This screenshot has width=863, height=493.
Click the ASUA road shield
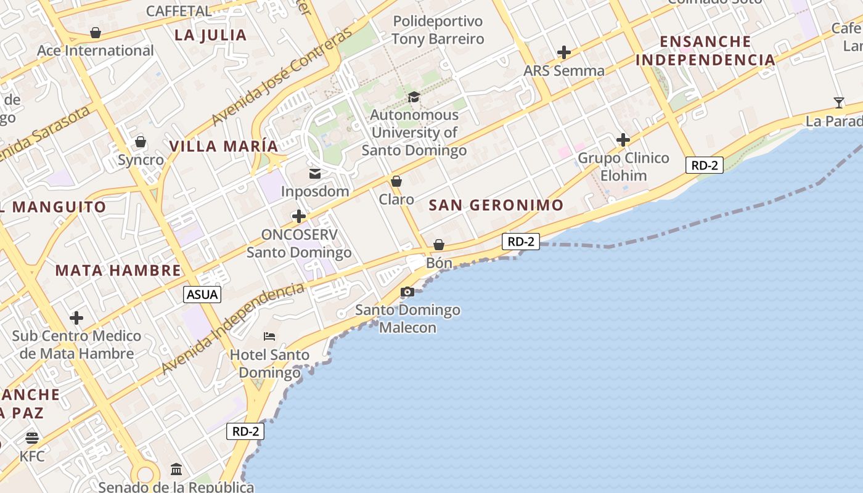(x=203, y=295)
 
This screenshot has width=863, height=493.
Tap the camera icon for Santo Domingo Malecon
(x=407, y=291)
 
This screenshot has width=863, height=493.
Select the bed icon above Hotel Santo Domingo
(x=269, y=336)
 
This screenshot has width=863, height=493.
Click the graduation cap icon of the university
(x=414, y=97)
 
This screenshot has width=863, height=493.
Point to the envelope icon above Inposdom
(x=315, y=174)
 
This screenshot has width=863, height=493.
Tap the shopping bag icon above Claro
(x=396, y=181)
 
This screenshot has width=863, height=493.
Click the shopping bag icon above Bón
(x=439, y=245)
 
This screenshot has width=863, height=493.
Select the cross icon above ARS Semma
(x=563, y=52)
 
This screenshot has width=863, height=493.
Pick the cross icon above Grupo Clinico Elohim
(x=623, y=140)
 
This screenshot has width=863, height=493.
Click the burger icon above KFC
(x=32, y=438)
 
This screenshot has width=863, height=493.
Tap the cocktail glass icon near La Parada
(x=838, y=102)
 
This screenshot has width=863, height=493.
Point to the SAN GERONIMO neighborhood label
(x=496, y=205)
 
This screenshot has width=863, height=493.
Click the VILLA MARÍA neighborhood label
(x=224, y=146)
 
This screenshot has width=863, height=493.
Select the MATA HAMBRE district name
(x=118, y=270)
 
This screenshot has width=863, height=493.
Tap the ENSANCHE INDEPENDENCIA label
(x=706, y=51)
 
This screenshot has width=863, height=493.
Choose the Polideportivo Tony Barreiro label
(x=438, y=30)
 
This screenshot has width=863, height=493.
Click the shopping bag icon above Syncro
(x=141, y=142)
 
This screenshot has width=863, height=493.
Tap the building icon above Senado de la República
(x=176, y=470)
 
